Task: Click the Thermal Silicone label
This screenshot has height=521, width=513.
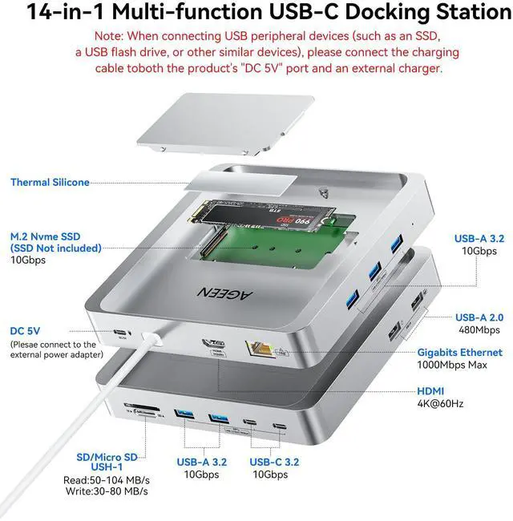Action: point(50,183)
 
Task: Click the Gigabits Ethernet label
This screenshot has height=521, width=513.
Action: point(459,352)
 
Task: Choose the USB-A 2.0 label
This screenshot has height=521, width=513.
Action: point(479,317)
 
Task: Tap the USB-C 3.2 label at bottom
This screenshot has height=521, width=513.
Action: point(274,462)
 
